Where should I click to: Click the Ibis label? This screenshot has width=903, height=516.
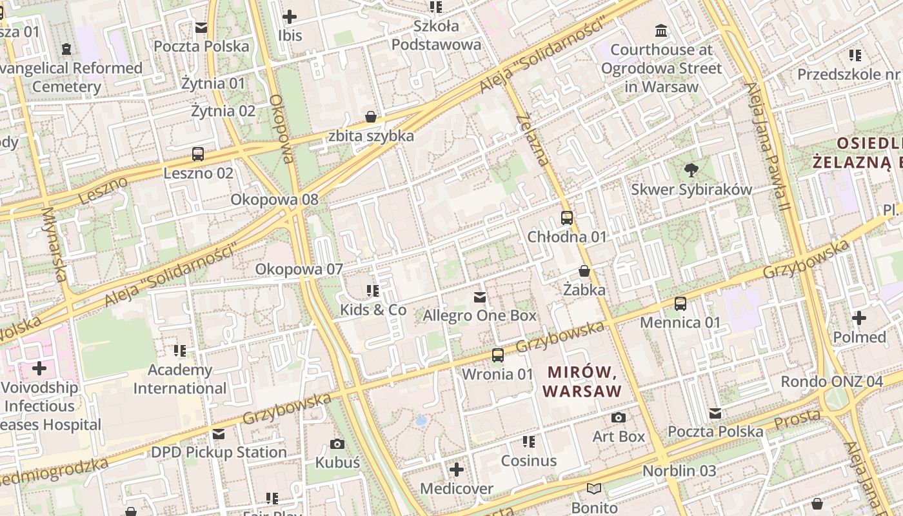(290, 35)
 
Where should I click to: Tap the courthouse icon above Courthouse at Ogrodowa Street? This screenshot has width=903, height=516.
(661, 31)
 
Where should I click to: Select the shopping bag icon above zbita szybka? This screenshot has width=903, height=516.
(371, 117)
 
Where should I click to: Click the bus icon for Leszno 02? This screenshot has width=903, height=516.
(198, 155)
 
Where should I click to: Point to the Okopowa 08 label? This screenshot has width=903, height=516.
(275, 199)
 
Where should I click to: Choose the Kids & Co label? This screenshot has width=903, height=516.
(373, 310)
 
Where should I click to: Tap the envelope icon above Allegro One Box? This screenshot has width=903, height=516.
(480, 297)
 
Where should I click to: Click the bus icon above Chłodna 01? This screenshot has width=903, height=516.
(567, 218)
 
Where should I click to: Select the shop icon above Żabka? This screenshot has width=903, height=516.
(584, 272)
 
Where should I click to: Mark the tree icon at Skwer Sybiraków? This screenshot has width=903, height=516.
(691, 170)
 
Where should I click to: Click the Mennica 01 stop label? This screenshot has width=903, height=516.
(680, 322)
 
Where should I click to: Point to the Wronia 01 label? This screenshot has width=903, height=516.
(498, 374)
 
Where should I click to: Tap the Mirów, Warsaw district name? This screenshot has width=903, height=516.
(582, 381)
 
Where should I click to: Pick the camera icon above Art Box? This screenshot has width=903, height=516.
(619, 418)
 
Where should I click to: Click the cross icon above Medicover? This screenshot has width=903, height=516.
(457, 470)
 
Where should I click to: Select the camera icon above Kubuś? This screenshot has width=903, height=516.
(337, 444)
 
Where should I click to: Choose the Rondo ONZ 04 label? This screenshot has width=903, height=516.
(832, 381)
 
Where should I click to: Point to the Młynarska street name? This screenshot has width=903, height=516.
(54, 244)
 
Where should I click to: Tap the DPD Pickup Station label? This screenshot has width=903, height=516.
(219, 452)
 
